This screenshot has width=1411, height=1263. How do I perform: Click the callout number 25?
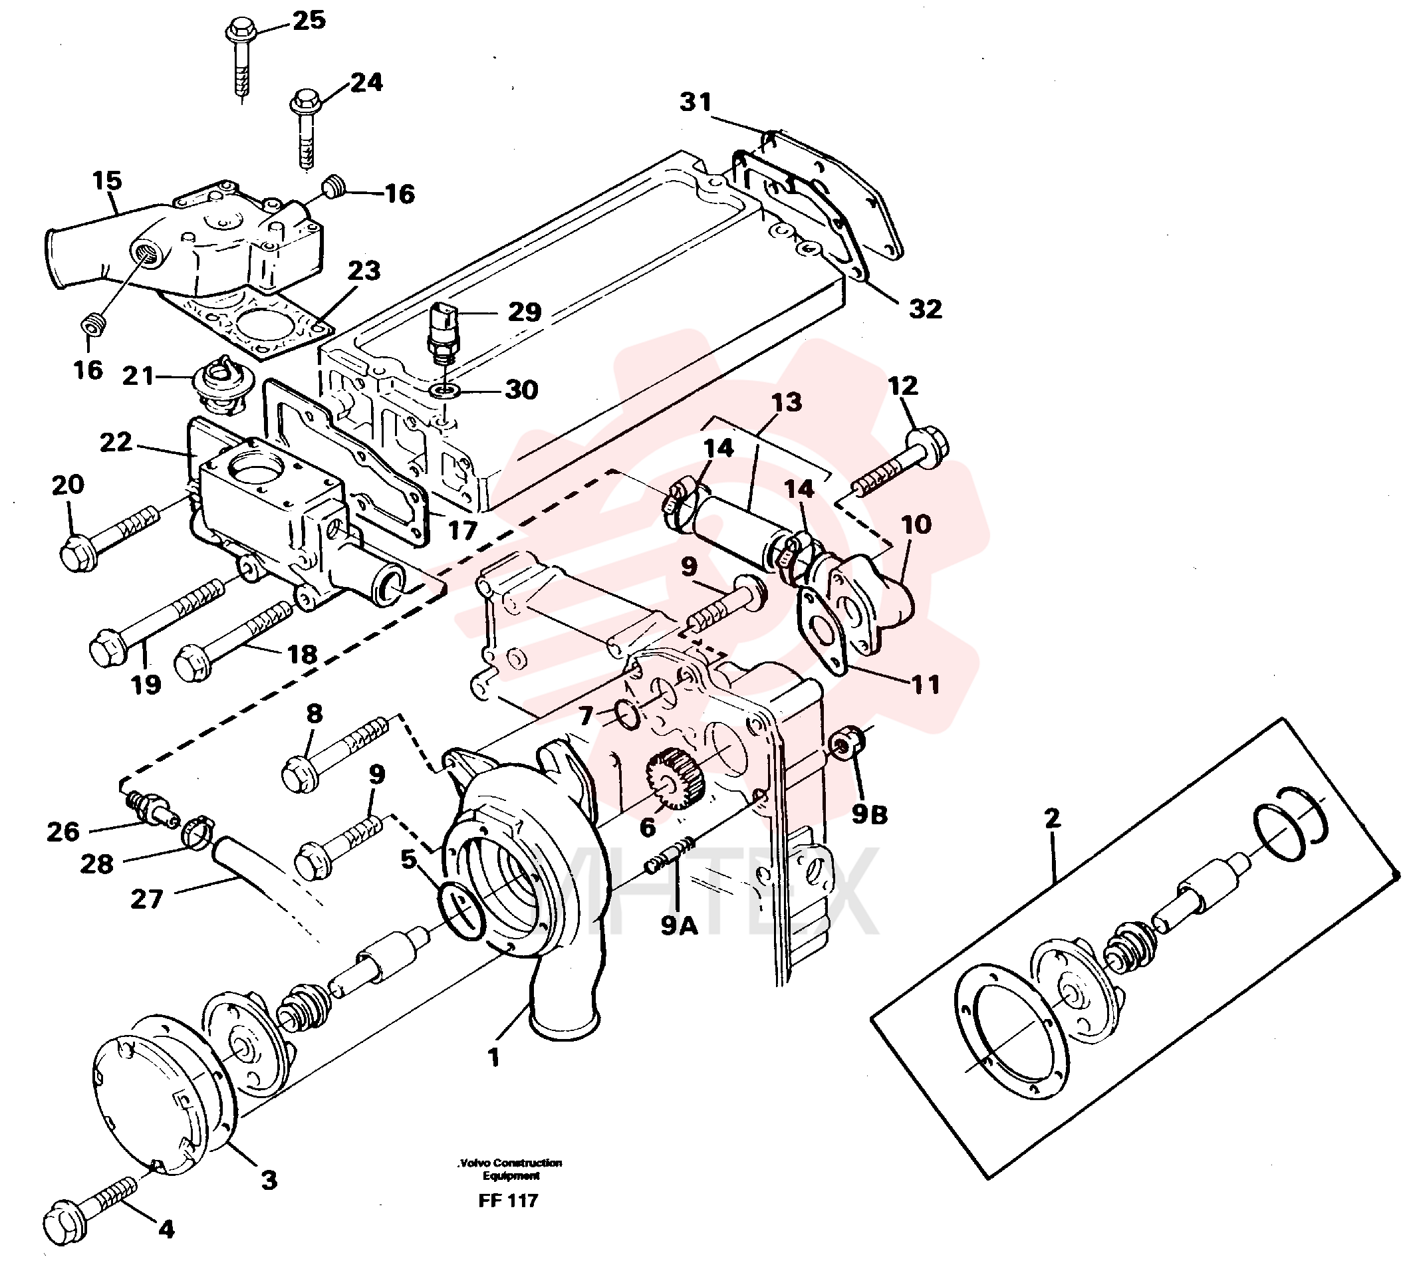point(309,20)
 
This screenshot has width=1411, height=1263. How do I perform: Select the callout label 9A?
point(679,925)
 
